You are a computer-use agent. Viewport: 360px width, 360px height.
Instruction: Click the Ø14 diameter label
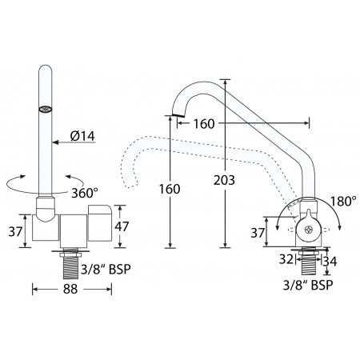[x=82, y=136]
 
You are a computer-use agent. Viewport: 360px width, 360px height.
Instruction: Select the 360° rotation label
[x=85, y=193]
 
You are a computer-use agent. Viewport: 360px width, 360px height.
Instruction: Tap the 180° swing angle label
[x=343, y=202]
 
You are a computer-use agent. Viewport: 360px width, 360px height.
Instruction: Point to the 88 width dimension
[x=70, y=289]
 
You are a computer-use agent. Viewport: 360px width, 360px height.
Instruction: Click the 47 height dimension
[x=122, y=226]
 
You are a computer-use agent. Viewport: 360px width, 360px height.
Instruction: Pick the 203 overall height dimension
[x=224, y=180]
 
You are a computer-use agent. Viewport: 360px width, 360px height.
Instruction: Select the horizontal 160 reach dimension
[x=204, y=124]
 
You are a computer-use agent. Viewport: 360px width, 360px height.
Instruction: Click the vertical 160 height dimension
[x=170, y=189]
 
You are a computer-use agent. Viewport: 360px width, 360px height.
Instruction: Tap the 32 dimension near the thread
[x=286, y=259]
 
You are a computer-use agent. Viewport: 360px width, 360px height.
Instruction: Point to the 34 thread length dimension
[x=330, y=262]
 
